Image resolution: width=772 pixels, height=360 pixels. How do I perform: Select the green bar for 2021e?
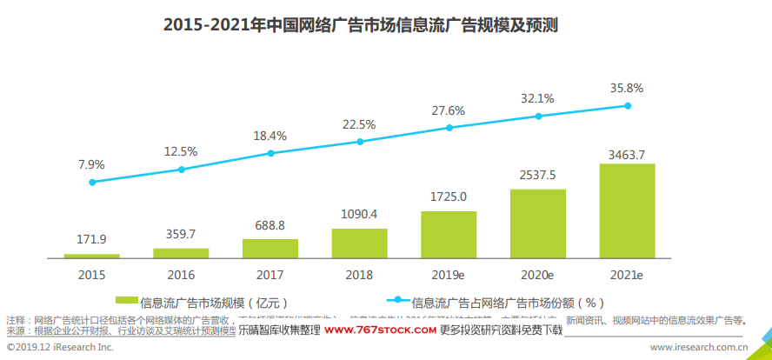(627, 210)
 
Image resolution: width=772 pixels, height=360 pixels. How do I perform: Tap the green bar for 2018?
(359, 243)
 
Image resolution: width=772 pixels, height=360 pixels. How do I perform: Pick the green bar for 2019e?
(449, 234)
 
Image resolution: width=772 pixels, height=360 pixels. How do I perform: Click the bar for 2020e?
(537, 223)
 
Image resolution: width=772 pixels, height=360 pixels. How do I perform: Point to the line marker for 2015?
(92, 182)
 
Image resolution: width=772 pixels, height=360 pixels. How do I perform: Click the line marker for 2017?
(270, 153)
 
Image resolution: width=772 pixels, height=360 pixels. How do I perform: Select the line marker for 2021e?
(627, 106)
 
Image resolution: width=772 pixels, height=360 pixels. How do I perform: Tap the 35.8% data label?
(627, 88)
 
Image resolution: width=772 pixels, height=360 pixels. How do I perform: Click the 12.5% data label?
(181, 151)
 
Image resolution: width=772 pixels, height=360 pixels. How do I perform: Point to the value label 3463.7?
(627, 155)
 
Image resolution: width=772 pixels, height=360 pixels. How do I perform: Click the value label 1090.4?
(359, 213)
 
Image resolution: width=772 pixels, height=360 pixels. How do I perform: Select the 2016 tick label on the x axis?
(181, 274)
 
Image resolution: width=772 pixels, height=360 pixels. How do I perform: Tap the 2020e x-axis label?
(537, 274)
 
